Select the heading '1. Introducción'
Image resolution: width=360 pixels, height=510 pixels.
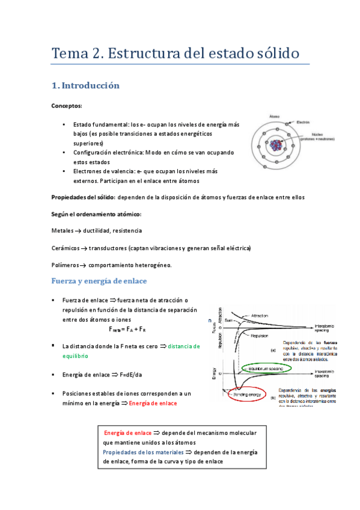tap(86, 86)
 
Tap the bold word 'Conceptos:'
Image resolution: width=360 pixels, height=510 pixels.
tap(66, 106)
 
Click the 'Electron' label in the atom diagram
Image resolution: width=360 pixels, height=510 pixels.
tap(303, 122)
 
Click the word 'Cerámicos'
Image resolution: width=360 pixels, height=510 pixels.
tap(66, 248)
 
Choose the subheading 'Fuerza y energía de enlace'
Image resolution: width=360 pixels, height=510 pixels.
tap(99, 281)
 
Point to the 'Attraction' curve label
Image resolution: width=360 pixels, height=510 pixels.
tap(260, 316)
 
